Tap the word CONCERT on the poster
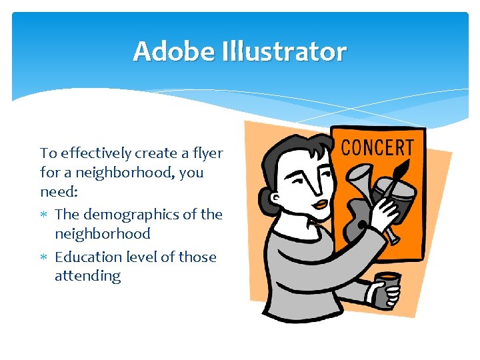[377, 147]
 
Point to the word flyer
[208, 153]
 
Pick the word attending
[87, 276]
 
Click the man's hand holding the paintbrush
[383, 216]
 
